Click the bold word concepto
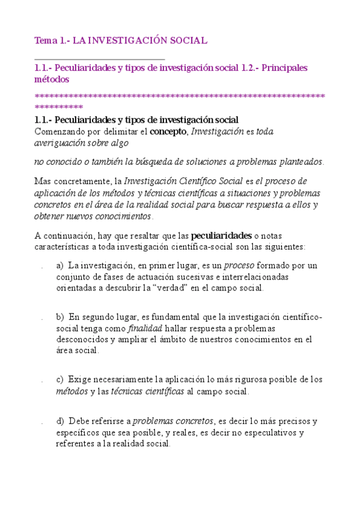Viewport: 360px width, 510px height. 168,132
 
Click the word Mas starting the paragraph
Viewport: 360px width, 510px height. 43,180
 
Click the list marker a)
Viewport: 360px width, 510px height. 60,265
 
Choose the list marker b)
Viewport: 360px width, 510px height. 60,317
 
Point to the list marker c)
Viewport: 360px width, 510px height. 59,379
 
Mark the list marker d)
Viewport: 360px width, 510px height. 60,421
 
